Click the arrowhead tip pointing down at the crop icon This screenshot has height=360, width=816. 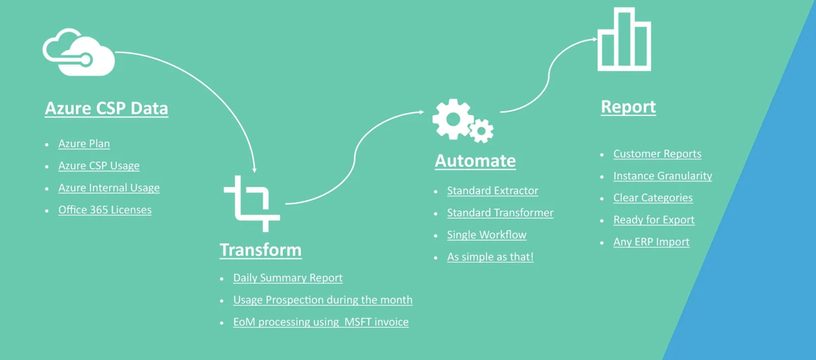point(254,172)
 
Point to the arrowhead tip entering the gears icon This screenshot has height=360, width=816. point(425,112)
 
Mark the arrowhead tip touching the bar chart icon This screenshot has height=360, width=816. point(598,39)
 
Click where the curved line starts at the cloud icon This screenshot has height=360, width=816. point(115,52)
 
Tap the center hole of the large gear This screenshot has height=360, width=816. point(453,120)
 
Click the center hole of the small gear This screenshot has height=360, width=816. point(482,131)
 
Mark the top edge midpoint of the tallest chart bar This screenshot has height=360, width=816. point(624,8)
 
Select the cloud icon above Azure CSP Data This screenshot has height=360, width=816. point(79,52)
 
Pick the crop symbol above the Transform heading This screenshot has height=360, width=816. point(252,204)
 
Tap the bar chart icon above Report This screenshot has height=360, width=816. point(624,39)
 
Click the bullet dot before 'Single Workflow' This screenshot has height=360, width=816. point(436,235)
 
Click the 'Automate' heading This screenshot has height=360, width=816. point(475,161)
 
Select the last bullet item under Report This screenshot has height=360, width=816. point(651,242)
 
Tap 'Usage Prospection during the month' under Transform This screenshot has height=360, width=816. point(323,300)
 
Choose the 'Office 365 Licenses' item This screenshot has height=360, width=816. point(105,210)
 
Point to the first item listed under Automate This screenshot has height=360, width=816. point(493,191)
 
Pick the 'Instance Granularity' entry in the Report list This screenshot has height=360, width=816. point(663,176)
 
